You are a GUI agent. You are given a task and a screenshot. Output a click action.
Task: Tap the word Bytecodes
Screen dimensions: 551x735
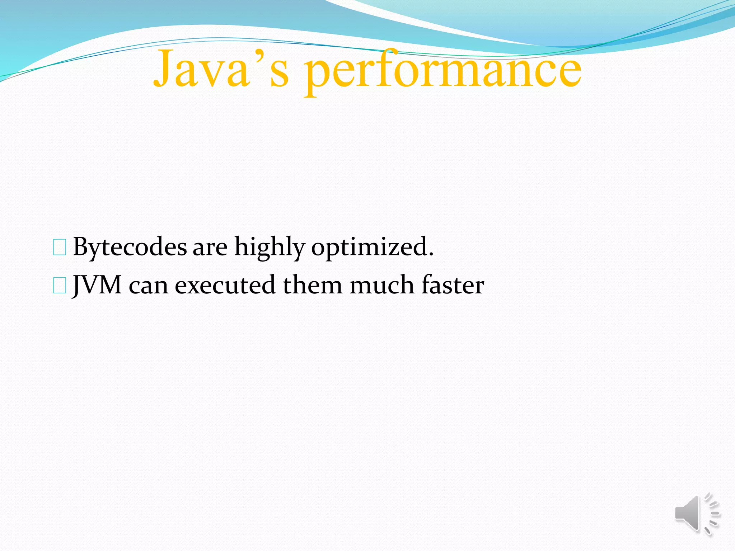[x=130, y=248]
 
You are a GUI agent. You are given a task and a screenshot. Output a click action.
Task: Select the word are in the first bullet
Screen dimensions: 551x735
[x=210, y=248]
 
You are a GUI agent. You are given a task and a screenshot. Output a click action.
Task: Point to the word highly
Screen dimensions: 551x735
[x=270, y=248]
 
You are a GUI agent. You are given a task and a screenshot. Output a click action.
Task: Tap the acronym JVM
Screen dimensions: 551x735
[x=97, y=286]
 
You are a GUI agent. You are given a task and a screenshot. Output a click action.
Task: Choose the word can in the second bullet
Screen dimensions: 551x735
[x=148, y=286]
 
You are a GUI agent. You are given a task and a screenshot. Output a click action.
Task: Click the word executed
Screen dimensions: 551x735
[x=225, y=286]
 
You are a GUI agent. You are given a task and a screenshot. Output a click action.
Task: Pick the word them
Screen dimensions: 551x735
[x=313, y=286]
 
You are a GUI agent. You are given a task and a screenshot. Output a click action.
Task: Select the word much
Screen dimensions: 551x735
[x=382, y=286]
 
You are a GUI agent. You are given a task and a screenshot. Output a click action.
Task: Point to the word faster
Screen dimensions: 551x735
[x=453, y=286]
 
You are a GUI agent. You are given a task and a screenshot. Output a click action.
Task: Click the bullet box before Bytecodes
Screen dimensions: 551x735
[x=60, y=248]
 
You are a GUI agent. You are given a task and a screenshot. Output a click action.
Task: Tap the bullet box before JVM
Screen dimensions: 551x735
[x=60, y=286]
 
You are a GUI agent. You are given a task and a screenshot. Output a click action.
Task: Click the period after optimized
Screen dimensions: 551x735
[x=431, y=254]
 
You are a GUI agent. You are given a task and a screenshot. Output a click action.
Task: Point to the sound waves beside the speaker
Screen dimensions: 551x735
[x=712, y=514]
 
